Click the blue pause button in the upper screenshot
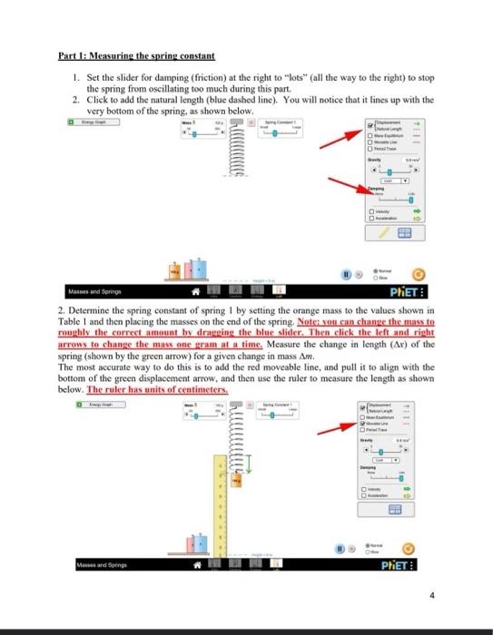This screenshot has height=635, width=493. click(347, 270)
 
